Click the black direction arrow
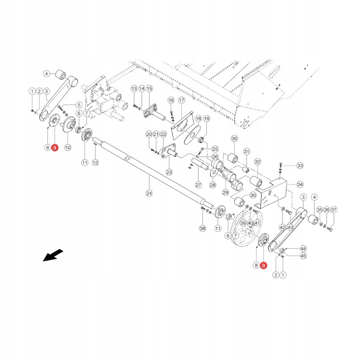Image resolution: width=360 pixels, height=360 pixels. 53,255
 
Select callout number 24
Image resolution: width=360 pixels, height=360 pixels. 149,193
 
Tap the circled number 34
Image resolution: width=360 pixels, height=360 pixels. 300,184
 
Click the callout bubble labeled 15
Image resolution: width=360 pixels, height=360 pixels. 149,88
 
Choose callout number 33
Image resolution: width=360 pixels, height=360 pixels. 300,166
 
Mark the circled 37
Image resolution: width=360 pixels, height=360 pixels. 334,210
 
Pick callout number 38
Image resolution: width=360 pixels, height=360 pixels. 202,228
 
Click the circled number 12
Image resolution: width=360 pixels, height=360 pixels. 95,162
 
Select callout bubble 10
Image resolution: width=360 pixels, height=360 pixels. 68,148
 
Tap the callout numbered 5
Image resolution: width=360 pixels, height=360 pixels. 78,105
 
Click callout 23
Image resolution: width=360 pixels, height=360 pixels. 169,172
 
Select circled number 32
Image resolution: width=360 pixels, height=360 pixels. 258,162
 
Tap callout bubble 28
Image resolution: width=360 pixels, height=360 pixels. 212,185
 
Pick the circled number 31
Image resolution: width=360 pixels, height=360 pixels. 246,152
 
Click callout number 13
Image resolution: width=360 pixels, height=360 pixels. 134,88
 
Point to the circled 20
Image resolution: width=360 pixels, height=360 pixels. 149,134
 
